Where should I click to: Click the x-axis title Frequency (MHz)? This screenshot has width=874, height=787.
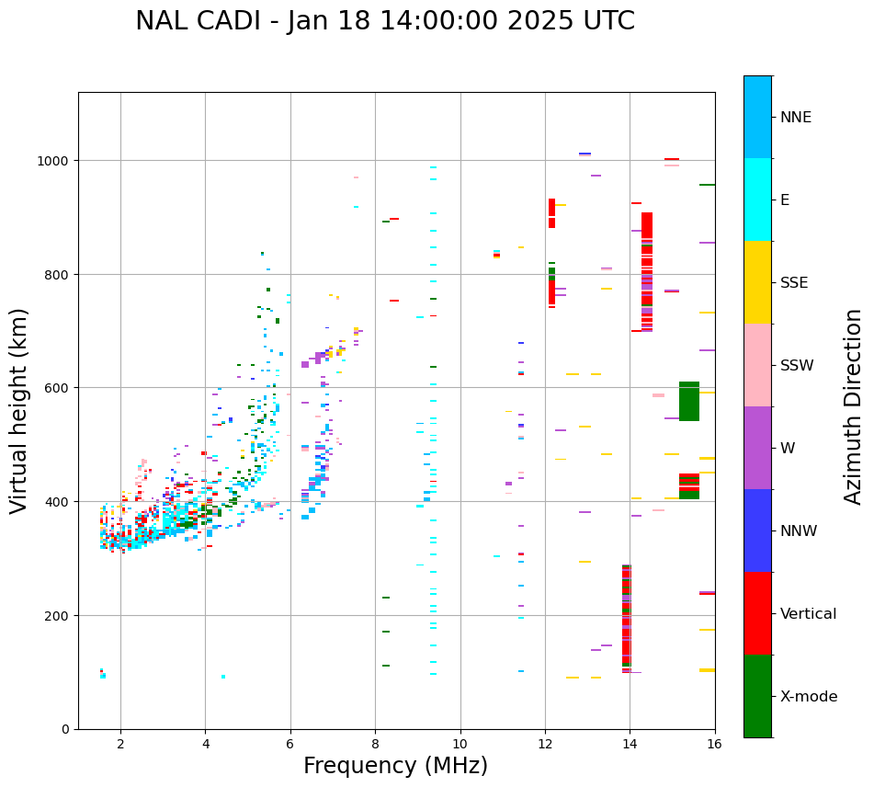click(395, 766)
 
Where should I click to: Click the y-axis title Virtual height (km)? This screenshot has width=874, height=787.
click(19, 410)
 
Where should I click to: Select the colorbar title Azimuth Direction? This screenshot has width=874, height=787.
click(854, 406)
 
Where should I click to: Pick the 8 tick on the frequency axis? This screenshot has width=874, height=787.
click(375, 744)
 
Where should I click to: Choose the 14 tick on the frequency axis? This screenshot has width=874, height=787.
click(630, 744)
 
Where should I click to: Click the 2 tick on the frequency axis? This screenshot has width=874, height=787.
click(120, 744)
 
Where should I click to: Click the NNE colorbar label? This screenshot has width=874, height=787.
click(796, 117)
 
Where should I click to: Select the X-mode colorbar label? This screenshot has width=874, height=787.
click(809, 697)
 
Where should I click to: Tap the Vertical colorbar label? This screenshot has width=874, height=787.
click(809, 614)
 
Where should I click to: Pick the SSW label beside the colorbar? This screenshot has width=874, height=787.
click(797, 366)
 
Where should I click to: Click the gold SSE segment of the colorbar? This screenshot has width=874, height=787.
click(757, 282)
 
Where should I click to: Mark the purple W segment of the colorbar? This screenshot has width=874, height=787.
click(757, 448)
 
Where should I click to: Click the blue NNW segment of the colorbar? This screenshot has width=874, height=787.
click(757, 530)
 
